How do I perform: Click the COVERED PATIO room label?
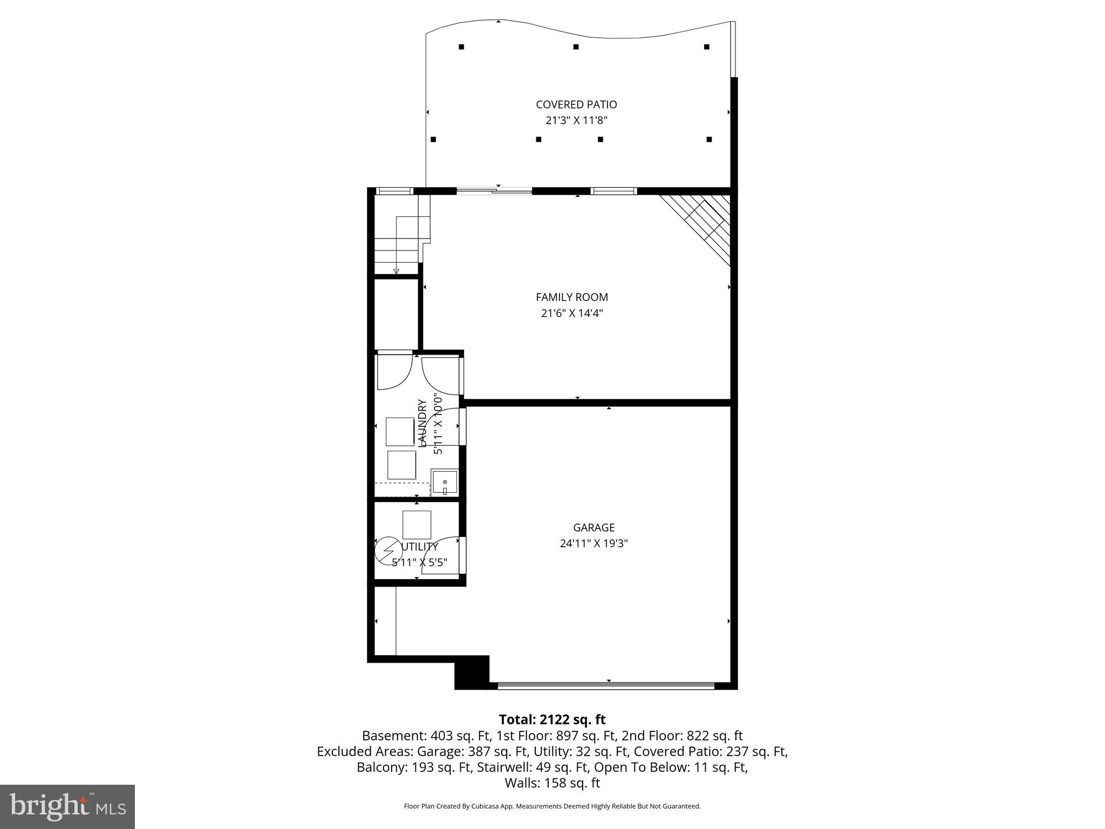click(x=576, y=105)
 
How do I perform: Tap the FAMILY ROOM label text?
click(x=571, y=297)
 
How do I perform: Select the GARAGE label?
click(x=594, y=528)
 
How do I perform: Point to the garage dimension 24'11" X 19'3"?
click(x=594, y=543)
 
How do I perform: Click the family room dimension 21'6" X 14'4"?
click(x=571, y=313)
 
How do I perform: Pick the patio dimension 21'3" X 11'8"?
click(x=576, y=120)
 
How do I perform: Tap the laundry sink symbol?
click(x=444, y=483)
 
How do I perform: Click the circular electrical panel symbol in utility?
click(x=388, y=550)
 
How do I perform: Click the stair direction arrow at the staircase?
click(x=396, y=271)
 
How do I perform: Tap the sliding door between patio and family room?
click(x=494, y=191)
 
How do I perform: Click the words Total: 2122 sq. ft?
click(x=552, y=719)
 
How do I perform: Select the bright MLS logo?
click(x=67, y=806)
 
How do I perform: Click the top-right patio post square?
click(x=706, y=47)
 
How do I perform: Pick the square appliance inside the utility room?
click(x=417, y=525)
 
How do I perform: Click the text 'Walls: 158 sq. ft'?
click(x=552, y=783)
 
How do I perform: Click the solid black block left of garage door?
click(x=471, y=672)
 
